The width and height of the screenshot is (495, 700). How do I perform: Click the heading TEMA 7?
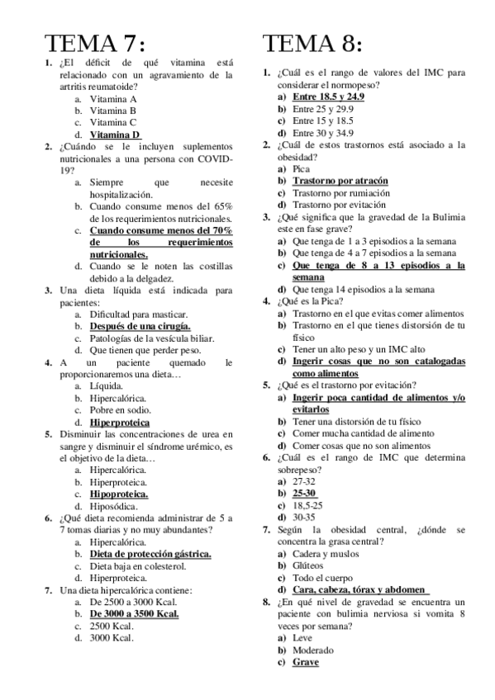pyautogui.click(x=97, y=43)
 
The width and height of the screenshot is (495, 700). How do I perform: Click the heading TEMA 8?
pyautogui.click(x=313, y=43)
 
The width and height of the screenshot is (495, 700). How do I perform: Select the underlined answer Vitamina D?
pyautogui.click(x=115, y=134)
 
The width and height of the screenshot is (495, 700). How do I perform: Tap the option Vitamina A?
pyautogui.click(x=113, y=98)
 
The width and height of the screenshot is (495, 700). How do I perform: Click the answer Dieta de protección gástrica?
pyautogui.click(x=150, y=554)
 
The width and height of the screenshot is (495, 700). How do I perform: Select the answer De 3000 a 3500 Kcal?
pyautogui.click(x=134, y=613)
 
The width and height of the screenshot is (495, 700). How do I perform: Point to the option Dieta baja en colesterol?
pyautogui.click(x=138, y=566)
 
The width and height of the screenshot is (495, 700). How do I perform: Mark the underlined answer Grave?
pyautogui.click(x=305, y=662)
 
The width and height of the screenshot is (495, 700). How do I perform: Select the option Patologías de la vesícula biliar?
pyautogui.click(x=152, y=338)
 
